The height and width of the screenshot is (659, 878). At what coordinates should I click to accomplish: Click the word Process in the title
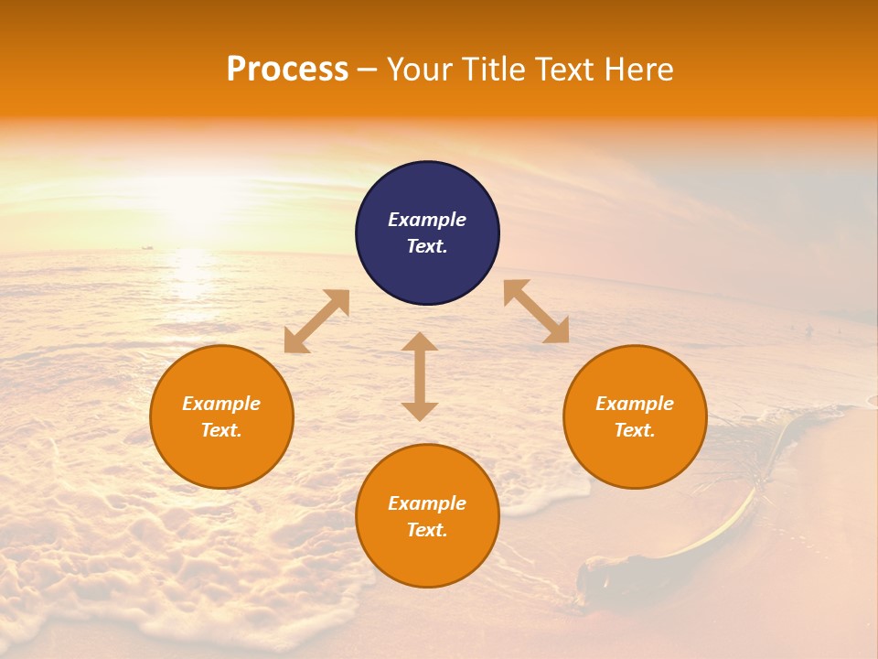(287, 70)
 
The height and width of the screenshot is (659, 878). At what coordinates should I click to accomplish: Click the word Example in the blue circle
(427, 220)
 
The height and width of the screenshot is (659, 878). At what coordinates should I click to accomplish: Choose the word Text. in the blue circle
(427, 246)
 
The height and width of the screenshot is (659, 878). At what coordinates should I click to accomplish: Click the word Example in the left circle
(221, 404)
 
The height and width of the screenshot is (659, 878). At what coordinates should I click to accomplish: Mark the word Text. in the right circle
(635, 430)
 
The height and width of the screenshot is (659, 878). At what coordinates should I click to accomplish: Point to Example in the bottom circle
(427, 503)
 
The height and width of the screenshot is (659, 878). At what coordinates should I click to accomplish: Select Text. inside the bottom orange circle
(427, 530)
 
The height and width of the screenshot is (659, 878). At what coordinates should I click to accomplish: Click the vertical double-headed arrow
(420, 376)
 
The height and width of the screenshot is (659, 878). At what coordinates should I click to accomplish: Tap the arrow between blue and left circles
(316, 321)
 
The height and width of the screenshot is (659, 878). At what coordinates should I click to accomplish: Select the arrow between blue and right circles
(536, 311)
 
